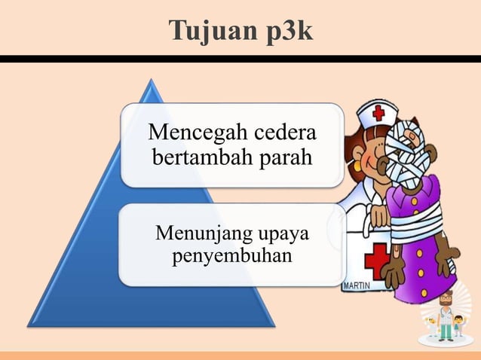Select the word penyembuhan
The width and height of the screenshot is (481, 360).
pos(233,258)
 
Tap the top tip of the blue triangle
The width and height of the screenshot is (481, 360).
pos(154,83)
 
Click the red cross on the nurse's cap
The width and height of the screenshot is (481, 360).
pos(378,113)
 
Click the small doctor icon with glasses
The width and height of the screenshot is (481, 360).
pos(446,313)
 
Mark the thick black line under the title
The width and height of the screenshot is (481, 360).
pos(240,59)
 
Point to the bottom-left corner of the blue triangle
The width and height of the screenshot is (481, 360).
pos(30,325)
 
